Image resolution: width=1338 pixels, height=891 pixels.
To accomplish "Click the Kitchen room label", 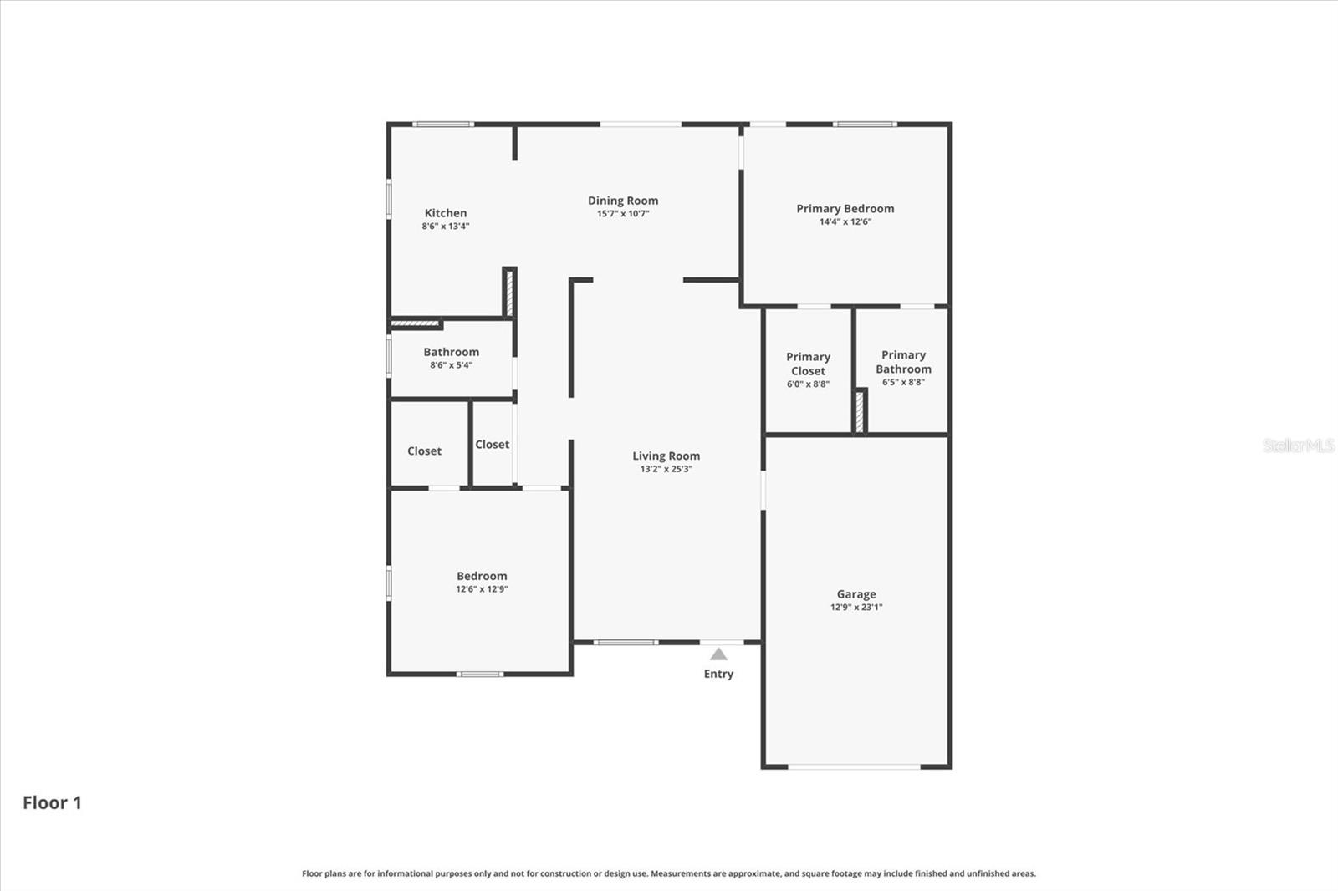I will click(445, 213).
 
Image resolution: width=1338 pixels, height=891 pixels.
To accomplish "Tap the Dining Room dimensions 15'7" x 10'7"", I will click(622, 214).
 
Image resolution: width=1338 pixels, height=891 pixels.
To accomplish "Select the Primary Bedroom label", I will click(845, 208).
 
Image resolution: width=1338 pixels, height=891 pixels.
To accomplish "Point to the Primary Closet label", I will click(808, 364).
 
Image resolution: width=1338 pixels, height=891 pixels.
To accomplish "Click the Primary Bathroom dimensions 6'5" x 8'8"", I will click(903, 383).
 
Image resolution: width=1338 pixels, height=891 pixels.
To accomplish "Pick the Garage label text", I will click(856, 594).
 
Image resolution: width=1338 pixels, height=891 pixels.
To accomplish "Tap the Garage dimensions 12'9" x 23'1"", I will click(856, 608).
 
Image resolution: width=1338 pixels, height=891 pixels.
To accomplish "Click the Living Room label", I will click(666, 456).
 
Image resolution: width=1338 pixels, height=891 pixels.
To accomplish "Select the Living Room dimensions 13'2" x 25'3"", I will click(666, 470).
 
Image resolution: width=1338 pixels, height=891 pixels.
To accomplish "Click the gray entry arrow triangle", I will click(718, 654).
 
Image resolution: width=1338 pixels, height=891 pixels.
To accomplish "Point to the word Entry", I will click(718, 674).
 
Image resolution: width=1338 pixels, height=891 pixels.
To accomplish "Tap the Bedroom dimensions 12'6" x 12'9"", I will click(482, 589).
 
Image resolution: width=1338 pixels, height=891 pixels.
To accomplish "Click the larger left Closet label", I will click(424, 451).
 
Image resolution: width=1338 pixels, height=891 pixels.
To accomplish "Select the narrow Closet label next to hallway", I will click(492, 445).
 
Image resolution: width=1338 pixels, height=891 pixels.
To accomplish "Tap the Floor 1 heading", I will click(52, 802).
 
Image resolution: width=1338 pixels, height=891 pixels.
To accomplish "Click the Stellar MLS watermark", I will click(1298, 445).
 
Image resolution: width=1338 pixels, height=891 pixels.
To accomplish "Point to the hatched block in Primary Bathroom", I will click(859, 412).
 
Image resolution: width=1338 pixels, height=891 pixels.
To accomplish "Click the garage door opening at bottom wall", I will click(854, 766).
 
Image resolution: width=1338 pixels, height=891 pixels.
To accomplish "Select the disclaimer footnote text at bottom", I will click(668, 873).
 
